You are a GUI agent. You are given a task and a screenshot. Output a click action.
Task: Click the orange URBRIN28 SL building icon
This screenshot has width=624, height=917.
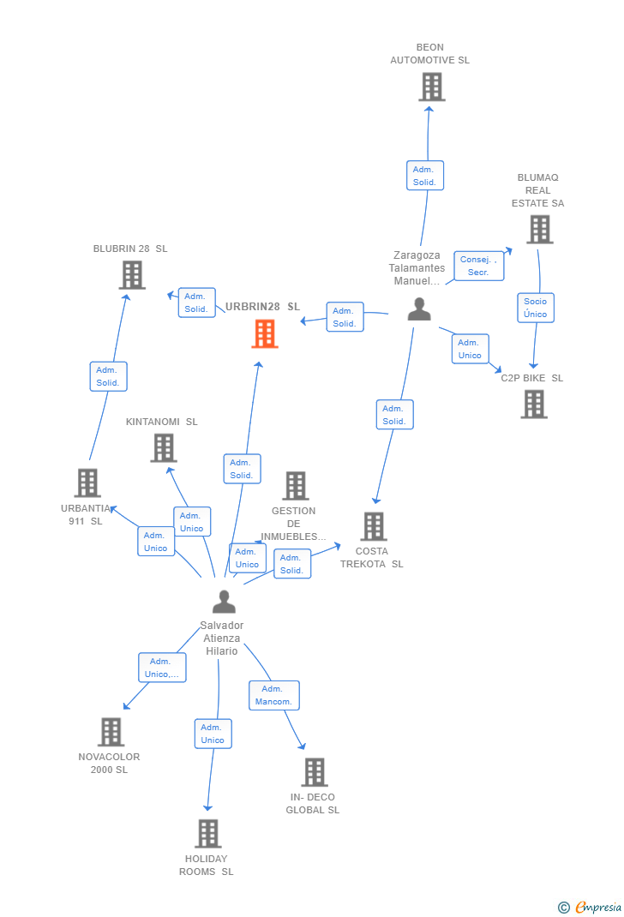tap(265, 334)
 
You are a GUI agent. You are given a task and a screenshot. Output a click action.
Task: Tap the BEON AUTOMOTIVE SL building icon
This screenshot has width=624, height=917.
tap(432, 87)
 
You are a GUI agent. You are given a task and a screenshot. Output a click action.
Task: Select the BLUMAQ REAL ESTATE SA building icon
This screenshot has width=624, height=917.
tap(540, 230)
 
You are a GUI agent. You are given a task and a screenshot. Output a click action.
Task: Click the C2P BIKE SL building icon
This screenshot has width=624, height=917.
tap(534, 405)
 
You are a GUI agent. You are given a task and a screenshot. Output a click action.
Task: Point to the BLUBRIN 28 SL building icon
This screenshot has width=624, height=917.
tap(132, 275)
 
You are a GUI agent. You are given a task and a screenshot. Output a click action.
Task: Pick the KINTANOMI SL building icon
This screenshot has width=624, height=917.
tap(164, 448)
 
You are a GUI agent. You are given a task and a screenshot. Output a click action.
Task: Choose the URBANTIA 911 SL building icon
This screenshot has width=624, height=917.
tap(87, 483)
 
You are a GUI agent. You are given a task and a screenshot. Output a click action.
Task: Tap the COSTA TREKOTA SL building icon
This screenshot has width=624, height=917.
tap(374, 526)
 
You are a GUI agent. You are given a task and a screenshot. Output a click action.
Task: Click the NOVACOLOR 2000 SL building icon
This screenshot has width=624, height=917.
tap(111, 732)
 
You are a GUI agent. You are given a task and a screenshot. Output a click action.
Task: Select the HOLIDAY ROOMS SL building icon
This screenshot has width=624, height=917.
tap(208, 833)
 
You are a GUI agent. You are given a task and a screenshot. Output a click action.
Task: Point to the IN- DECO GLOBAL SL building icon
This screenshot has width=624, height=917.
tap(315, 772)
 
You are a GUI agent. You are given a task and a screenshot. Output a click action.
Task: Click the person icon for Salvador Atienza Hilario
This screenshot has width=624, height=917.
tap(224, 602)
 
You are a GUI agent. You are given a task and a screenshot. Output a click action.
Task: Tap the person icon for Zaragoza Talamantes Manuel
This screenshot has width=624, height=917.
tap(419, 309)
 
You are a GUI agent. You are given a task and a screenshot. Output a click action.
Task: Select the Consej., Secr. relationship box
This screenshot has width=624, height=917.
tap(479, 266)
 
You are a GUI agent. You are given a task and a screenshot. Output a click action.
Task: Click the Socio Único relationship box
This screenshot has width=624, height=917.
tap(536, 308)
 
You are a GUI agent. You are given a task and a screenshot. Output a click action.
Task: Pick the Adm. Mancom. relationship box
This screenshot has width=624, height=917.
tap(274, 695)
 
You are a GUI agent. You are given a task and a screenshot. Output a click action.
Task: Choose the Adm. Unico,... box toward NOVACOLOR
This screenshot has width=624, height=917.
tap(162, 668)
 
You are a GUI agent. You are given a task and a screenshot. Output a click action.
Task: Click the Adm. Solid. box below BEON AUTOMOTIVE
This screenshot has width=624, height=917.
tap(425, 176)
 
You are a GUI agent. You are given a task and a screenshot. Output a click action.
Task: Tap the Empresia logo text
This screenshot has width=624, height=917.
tap(598, 907)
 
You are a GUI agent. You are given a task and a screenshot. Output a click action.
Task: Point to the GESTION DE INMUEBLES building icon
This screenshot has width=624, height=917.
tap(296, 486)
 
